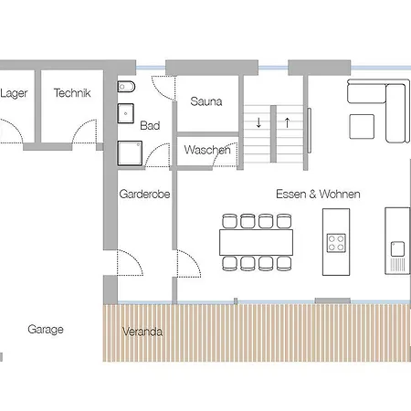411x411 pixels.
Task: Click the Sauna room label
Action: coord(206,101)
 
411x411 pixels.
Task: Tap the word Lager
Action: coord(14,93)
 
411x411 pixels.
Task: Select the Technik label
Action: coord(72,93)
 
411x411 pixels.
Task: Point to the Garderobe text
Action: coord(144,194)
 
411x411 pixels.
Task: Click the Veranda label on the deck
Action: coord(142,332)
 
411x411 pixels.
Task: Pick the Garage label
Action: coord(46,330)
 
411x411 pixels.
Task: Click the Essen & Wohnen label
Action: coord(318,194)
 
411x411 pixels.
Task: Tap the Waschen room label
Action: coord(207,150)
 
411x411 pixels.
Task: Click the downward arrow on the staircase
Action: coord(258,122)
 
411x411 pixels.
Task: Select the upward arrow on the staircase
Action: coord(287,122)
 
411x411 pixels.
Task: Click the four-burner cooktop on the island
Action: coord(336,243)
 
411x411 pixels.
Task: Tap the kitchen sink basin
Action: coord(397,248)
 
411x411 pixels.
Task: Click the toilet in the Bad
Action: coord(126,87)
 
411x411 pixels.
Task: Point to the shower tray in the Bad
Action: coord(130,153)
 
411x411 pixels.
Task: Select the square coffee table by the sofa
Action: coord(362,126)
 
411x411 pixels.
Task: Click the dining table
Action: coord(256,242)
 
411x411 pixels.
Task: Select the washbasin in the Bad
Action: coord(126,113)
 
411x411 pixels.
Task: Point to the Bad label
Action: coord(150,125)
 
